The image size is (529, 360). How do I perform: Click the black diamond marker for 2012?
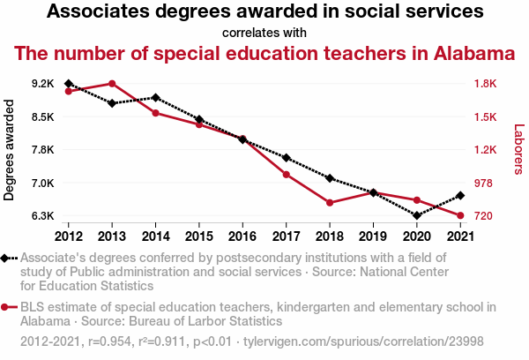click(x=69, y=84)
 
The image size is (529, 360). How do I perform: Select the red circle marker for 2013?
click(x=112, y=84)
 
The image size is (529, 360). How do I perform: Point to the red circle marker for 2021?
click(x=459, y=215)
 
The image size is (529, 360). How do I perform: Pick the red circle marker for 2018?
click(x=329, y=203)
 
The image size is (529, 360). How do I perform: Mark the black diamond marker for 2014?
click(x=155, y=98)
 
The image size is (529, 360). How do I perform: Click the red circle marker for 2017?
click(x=286, y=175)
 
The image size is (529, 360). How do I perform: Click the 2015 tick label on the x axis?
click(x=198, y=236)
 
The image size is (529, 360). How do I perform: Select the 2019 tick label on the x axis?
click(x=372, y=236)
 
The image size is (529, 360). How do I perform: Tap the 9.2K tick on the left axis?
click(x=42, y=84)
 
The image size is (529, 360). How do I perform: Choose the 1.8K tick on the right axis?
click(x=486, y=84)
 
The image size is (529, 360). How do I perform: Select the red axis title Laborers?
click(x=518, y=148)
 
